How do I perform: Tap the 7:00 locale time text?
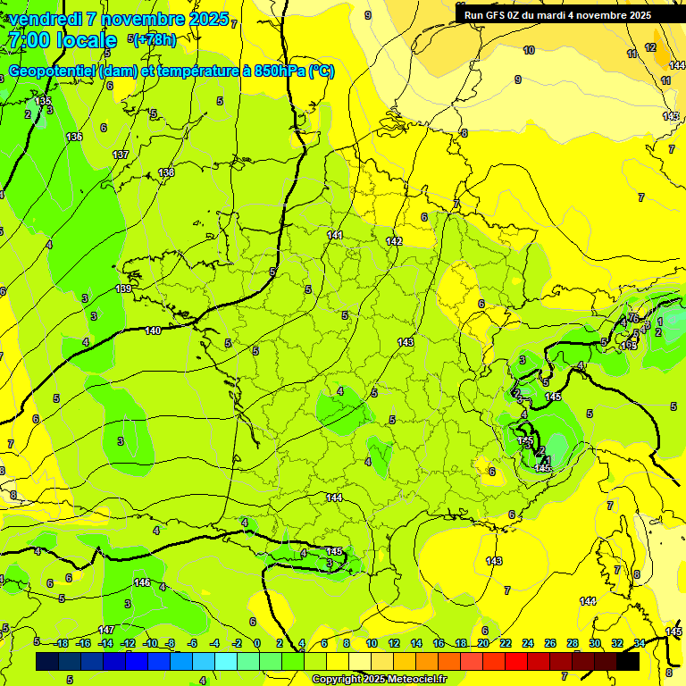click(62, 40)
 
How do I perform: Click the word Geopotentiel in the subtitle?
click(52, 71)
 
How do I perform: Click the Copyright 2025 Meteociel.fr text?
click(381, 679)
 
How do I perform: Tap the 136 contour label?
click(74, 137)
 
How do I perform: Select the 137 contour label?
click(121, 155)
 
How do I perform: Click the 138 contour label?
click(166, 172)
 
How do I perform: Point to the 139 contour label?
click(124, 289)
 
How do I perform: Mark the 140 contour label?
click(153, 330)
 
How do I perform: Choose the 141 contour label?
click(335, 235)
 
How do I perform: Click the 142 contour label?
click(394, 242)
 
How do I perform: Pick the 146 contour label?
click(141, 582)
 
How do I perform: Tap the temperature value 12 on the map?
click(650, 47)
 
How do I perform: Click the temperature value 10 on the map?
click(529, 50)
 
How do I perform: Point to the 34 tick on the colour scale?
click(639, 644)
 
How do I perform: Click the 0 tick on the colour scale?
click(257, 644)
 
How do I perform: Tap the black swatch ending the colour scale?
click(628, 661)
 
